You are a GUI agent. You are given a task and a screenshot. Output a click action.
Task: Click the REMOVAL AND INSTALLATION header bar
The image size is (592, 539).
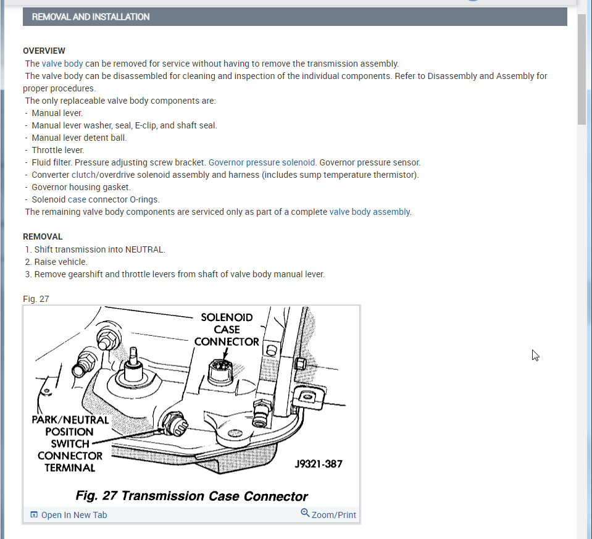(294, 17)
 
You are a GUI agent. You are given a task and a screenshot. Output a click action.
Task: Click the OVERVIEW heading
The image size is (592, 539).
(44, 51)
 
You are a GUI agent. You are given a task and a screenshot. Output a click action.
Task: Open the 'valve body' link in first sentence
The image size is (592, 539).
(62, 64)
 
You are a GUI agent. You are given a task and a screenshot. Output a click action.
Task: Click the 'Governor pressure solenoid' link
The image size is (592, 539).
(262, 162)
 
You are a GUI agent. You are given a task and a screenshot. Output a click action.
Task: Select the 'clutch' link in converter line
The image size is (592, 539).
(83, 175)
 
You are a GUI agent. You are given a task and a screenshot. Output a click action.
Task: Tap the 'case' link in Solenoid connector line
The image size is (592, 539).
(77, 199)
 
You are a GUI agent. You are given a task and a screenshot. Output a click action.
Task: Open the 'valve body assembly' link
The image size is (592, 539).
(369, 212)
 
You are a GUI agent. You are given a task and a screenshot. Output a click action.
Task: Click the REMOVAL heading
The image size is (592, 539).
(43, 236)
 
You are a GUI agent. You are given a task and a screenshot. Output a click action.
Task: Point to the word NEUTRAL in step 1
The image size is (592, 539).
(144, 249)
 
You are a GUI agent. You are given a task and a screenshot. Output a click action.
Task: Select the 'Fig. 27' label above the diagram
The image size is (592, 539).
(36, 299)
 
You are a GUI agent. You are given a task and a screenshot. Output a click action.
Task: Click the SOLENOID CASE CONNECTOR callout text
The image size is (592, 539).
(227, 329)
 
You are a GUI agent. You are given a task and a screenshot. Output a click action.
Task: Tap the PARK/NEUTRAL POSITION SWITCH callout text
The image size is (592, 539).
(70, 443)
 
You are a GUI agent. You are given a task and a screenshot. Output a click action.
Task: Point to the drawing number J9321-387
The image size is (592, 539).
(318, 464)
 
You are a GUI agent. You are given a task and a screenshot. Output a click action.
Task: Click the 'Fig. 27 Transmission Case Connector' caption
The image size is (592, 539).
(191, 496)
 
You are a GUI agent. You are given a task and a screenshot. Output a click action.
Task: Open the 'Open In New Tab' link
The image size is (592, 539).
(73, 515)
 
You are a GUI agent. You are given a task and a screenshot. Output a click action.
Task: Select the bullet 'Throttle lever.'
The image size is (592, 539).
(57, 150)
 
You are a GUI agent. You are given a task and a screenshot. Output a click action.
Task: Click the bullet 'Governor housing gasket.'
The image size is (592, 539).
(81, 187)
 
